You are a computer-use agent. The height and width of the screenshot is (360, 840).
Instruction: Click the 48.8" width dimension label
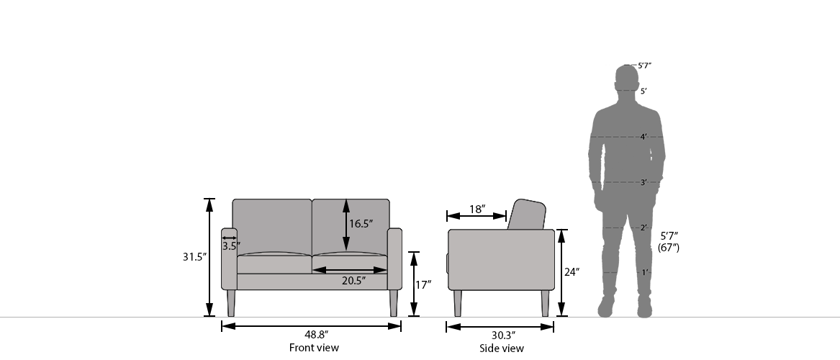click(312, 335)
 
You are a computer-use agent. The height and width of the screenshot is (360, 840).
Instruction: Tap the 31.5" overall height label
click(194, 256)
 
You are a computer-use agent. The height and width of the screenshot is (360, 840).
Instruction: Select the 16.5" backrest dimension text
click(361, 224)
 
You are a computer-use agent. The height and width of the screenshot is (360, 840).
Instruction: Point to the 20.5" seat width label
click(353, 280)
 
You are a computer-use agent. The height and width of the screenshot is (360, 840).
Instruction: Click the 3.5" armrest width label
click(230, 246)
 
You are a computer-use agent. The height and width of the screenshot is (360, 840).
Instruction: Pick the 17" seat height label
click(423, 284)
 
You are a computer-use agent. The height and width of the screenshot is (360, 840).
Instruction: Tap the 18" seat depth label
click(477, 210)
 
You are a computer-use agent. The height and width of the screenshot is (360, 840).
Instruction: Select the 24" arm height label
click(572, 272)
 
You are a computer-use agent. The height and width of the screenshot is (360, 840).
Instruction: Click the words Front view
click(314, 348)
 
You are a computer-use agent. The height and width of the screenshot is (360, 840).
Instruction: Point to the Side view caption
click(502, 348)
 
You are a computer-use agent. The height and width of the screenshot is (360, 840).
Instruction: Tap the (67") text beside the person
click(669, 248)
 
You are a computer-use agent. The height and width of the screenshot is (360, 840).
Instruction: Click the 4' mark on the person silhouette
click(644, 137)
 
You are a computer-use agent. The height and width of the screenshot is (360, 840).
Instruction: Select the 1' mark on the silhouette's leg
click(645, 272)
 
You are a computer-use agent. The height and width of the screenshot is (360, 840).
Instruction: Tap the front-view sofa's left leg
click(231, 303)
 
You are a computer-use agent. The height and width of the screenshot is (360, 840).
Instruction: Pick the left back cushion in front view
click(271, 225)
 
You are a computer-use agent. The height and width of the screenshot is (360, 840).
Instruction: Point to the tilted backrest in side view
click(527, 215)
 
